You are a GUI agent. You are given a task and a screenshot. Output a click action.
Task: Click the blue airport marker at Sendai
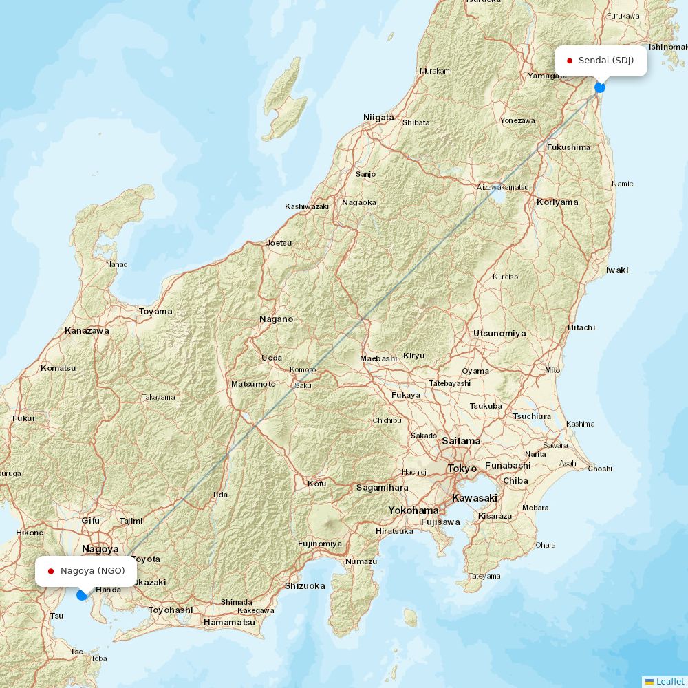600,87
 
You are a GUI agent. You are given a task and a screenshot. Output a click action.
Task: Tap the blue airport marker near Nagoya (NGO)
82,594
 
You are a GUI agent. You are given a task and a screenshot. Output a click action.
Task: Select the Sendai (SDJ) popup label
601,61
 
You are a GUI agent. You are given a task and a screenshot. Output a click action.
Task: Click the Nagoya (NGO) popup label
85,571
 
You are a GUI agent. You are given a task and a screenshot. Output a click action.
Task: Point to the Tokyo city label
462,469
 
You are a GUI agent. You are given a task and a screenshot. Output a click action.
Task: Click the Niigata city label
378,118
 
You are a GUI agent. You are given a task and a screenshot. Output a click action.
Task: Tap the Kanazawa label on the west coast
87,331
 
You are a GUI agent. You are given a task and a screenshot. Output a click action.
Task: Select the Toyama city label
155,312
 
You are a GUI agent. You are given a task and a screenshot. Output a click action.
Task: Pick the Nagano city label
276,319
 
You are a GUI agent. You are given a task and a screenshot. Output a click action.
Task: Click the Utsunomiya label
499,334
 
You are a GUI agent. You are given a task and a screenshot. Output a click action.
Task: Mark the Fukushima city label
568,147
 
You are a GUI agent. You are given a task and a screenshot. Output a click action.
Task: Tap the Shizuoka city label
305,586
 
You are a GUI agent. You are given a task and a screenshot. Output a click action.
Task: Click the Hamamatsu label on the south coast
229,623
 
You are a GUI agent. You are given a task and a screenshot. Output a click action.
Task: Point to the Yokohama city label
413,510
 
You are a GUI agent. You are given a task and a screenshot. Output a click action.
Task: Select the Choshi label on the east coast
600,469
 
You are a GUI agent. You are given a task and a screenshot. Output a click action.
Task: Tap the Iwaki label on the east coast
617,270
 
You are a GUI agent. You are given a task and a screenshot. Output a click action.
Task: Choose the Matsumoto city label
253,384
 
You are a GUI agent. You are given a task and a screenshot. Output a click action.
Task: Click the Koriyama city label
557,202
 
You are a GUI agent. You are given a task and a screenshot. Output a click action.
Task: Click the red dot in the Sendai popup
570,61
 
